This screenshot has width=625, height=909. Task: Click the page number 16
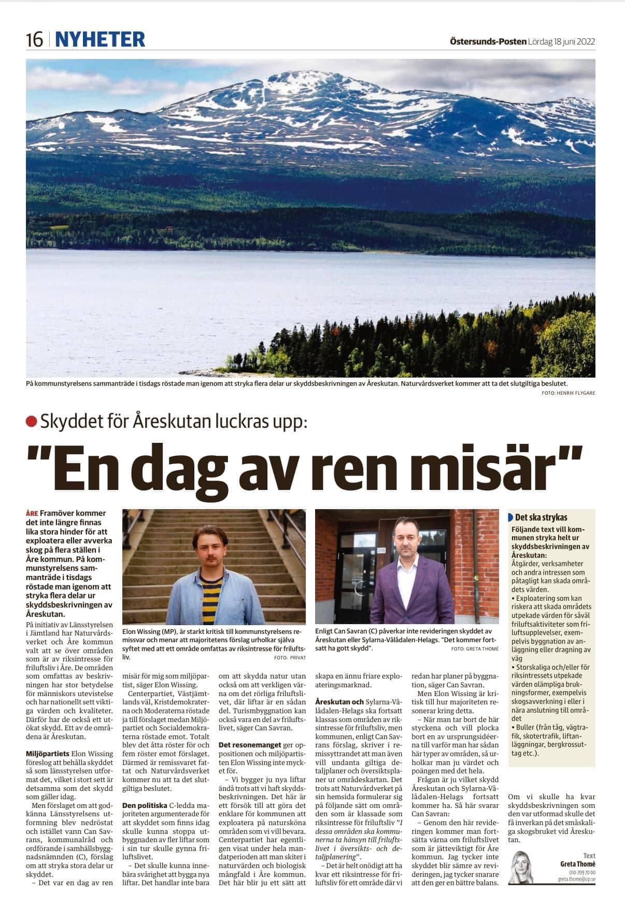click(34, 39)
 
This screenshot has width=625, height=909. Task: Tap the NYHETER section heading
click(100, 39)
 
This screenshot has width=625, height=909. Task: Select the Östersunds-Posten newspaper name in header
click(488, 41)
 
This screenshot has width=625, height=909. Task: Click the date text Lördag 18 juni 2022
click(562, 41)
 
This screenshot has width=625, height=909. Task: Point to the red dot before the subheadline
click(32, 422)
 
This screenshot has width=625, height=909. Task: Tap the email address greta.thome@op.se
click(576, 879)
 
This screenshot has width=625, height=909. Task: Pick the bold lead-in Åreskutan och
click(339, 701)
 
